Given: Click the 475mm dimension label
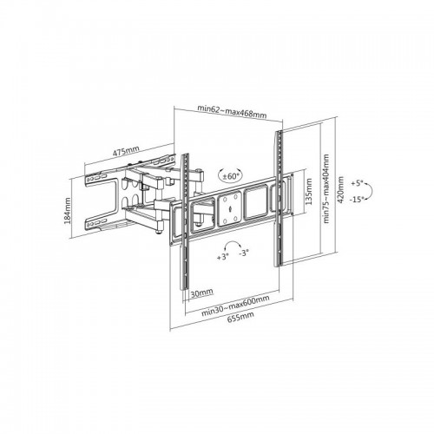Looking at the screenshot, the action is pos(126,151).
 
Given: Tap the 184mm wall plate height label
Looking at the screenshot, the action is pos(68,211).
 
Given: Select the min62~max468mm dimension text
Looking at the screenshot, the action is pos(232,111).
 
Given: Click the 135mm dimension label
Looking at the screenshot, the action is pos(309,192).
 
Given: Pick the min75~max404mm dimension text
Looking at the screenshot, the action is pos(326,188).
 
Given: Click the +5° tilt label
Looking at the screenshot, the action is pos(357,183).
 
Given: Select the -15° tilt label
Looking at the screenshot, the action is pos(356,200).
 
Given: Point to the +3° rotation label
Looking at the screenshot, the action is pos(223,257).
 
